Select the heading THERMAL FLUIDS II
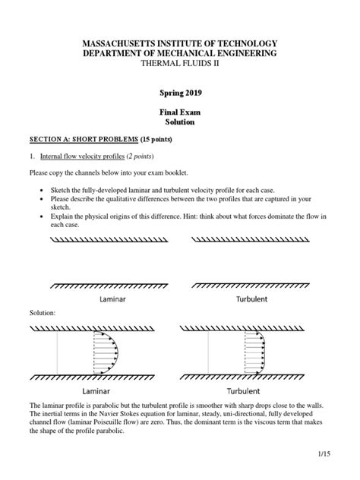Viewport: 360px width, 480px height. click(179, 65)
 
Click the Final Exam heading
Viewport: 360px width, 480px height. click(180, 111)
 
